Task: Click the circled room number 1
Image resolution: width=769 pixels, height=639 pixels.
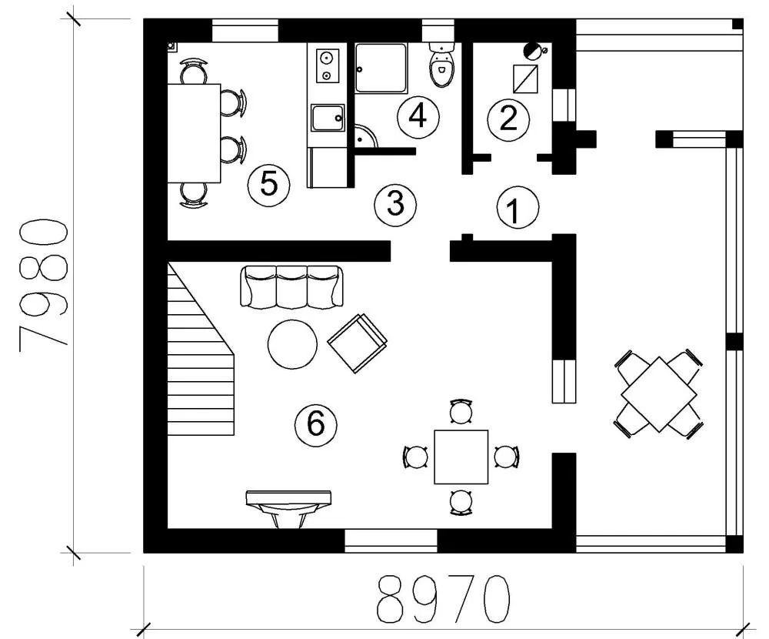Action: [518, 208]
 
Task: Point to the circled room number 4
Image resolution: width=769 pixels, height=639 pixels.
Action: [418, 117]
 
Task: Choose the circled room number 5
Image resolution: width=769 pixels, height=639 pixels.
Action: [268, 186]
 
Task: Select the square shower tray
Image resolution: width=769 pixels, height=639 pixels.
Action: [381, 68]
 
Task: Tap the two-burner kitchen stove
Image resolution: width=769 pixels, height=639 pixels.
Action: [325, 66]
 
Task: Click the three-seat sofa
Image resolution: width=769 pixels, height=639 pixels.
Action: [291, 287]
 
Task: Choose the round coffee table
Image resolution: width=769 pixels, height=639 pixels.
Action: [292, 344]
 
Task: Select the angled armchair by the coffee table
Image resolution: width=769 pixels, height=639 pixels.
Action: [357, 343]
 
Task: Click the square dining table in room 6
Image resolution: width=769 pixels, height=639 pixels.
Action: [461, 457]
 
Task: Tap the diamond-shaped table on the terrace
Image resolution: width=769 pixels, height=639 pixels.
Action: [659, 395]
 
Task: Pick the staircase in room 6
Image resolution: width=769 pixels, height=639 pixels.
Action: [201, 349]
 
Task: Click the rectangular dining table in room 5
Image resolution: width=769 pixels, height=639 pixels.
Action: [195, 133]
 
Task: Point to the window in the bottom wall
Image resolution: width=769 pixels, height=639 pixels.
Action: [391, 540]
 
